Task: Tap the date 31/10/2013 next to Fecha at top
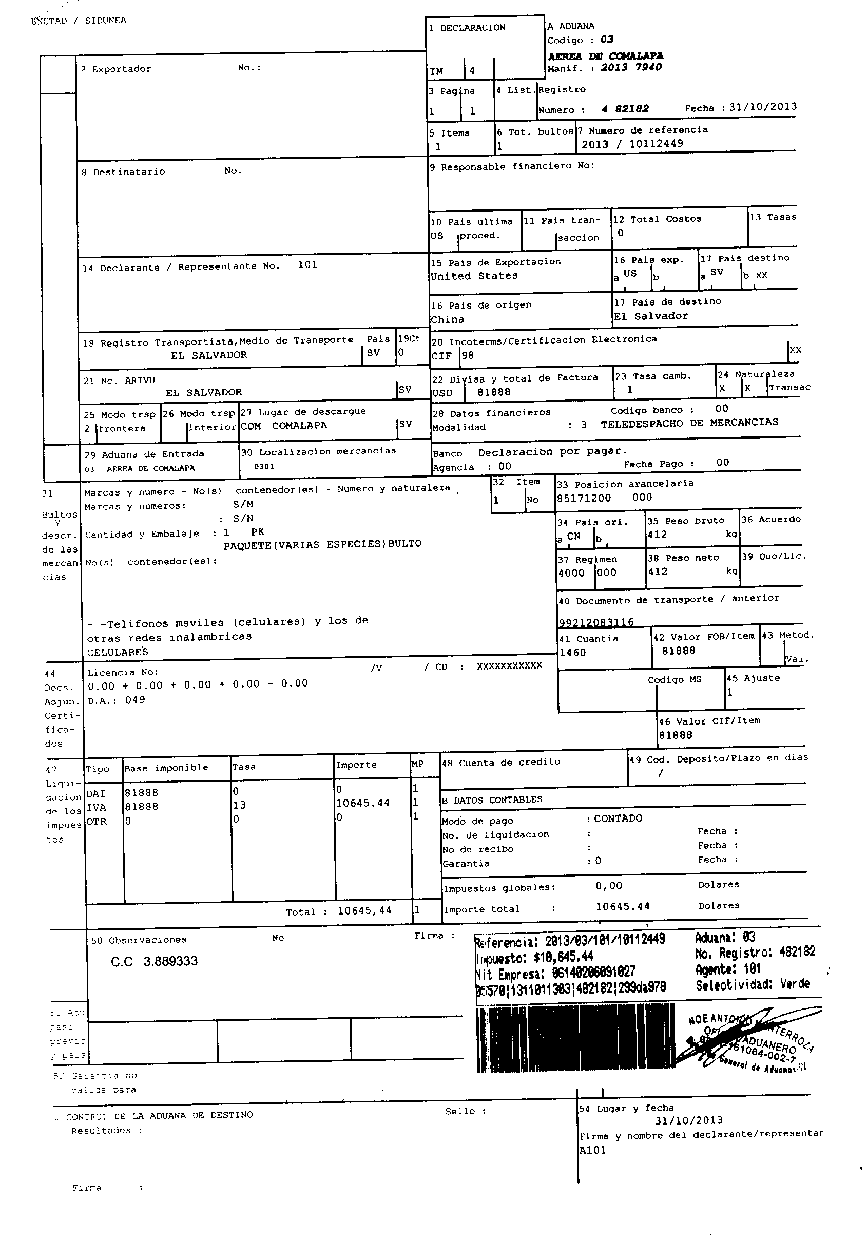tap(763, 107)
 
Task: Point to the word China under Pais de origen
tap(447, 320)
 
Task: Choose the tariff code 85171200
tap(584, 498)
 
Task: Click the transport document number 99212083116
tap(596, 622)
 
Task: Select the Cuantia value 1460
tap(572, 653)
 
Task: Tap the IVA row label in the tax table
tap(96, 808)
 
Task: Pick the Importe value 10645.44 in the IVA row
tap(363, 803)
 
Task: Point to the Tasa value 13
tap(239, 805)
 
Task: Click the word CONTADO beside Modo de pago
tap(618, 818)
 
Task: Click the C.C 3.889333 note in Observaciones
tap(155, 961)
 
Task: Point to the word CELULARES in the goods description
tap(118, 652)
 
